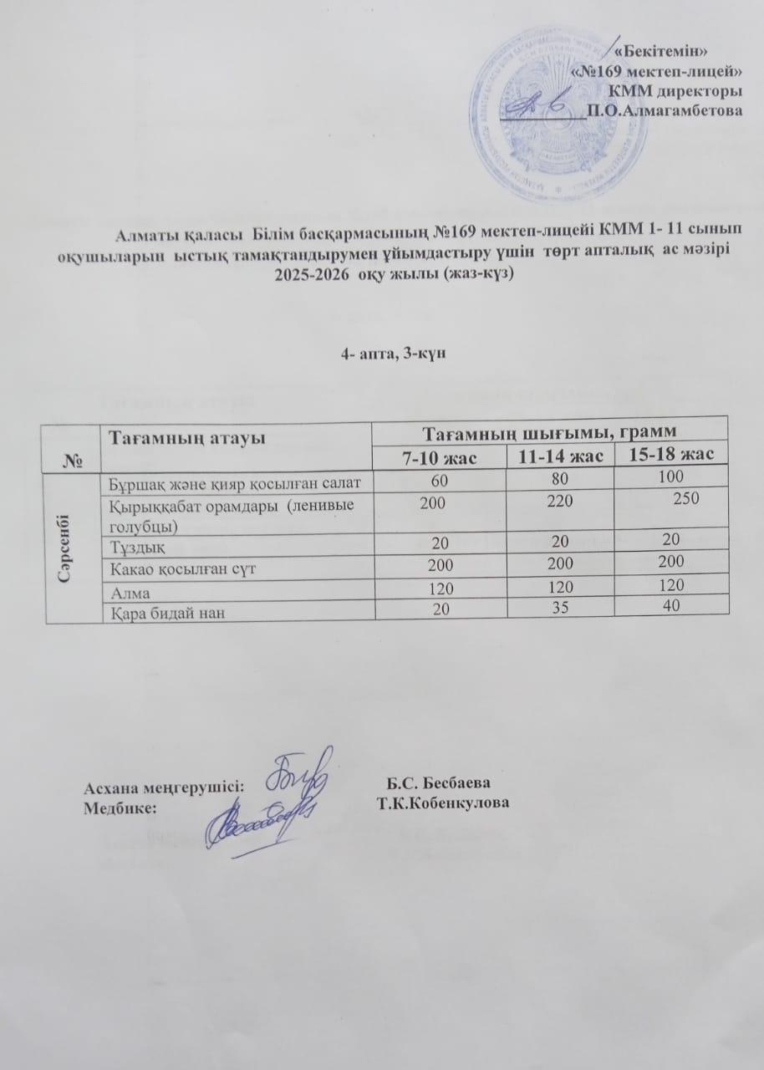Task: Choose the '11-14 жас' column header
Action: tap(559, 454)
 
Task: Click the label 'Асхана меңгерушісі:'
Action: tap(164, 787)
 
